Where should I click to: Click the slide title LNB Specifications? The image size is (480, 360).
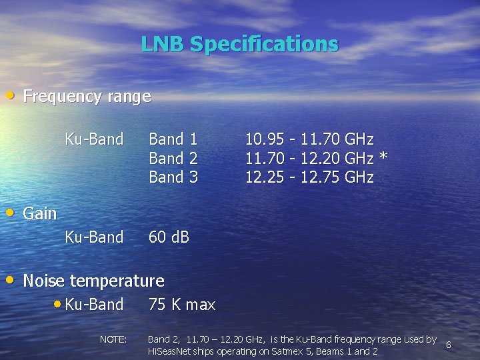pyautogui.click(x=239, y=44)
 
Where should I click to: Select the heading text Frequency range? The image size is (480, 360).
pyautogui.click(x=87, y=97)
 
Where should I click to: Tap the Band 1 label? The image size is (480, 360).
pyautogui.click(x=173, y=139)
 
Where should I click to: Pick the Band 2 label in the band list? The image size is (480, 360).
pyautogui.click(x=173, y=159)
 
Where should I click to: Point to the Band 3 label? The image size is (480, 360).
pyautogui.click(x=173, y=177)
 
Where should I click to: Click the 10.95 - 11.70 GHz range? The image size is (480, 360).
pyautogui.click(x=309, y=139)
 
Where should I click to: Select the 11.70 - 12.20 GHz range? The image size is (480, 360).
pyautogui.click(x=309, y=159)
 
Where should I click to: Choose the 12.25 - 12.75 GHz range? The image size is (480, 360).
pyautogui.click(x=309, y=177)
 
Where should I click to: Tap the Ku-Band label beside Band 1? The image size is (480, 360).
pyautogui.click(x=94, y=139)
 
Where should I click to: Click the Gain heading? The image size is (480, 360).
pyautogui.click(x=40, y=214)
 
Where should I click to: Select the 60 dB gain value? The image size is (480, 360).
pyautogui.click(x=169, y=237)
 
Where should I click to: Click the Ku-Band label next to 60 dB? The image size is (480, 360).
pyautogui.click(x=94, y=237)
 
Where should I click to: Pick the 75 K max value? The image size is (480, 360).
pyautogui.click(x=182, y=305)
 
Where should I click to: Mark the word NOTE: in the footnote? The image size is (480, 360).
pyautogui.click(x=113, y=339)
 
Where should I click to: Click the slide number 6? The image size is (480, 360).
pyautogui.click(x=449, y=345)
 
